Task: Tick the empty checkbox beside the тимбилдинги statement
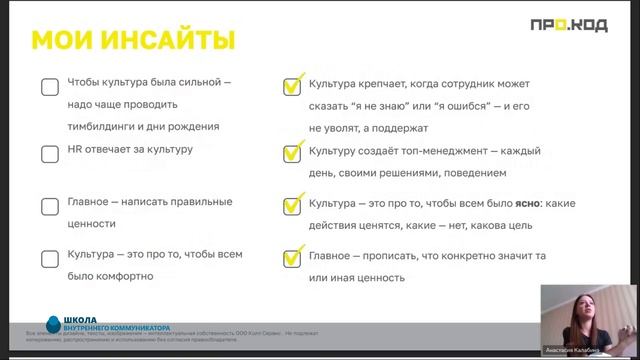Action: point(49,87)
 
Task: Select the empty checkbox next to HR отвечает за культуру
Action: point(49,154)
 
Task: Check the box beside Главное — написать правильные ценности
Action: point(49,207)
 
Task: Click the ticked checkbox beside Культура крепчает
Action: point(292,87)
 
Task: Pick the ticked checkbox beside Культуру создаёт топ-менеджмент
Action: point(292,154)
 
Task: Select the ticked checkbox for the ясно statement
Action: point(292,207)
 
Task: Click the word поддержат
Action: point(399,127)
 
